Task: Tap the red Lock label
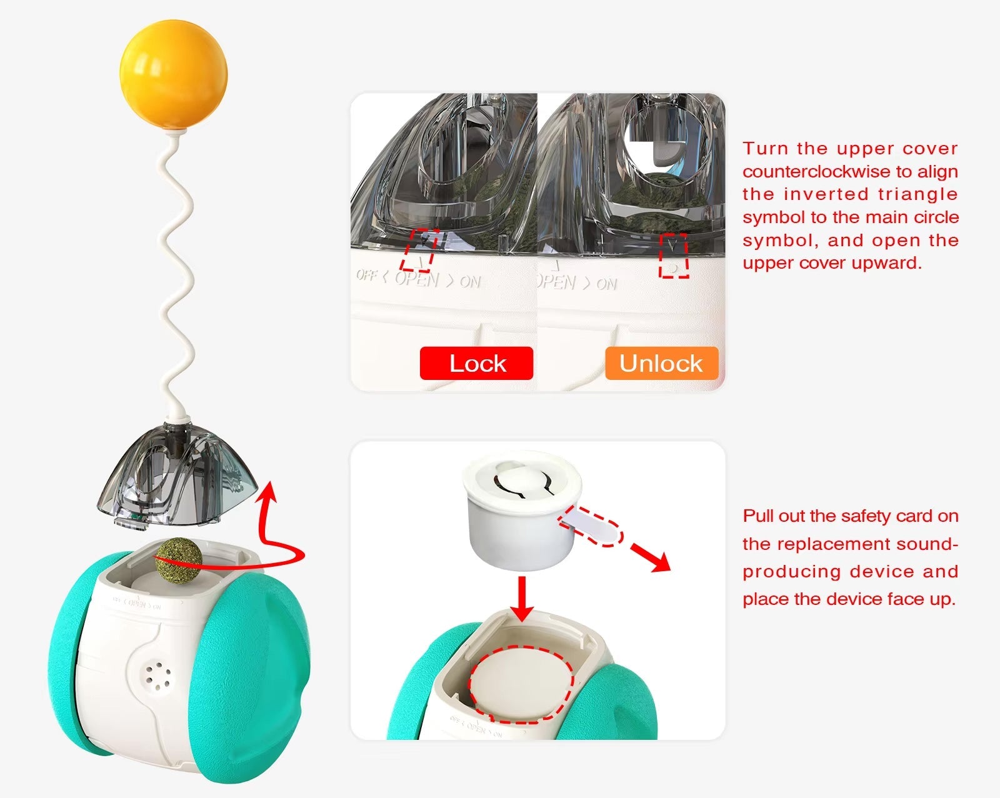coord(476,363)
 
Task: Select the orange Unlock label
coord(661,363)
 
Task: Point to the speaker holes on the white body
coord(159,679)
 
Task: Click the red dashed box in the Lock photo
coord(419,250)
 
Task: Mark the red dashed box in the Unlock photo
coord(674,256)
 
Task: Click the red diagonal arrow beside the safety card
coord(650,557)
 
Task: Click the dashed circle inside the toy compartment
coord(521,684)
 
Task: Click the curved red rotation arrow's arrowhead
coord(269,491)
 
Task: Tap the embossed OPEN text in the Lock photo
coord(417,279)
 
